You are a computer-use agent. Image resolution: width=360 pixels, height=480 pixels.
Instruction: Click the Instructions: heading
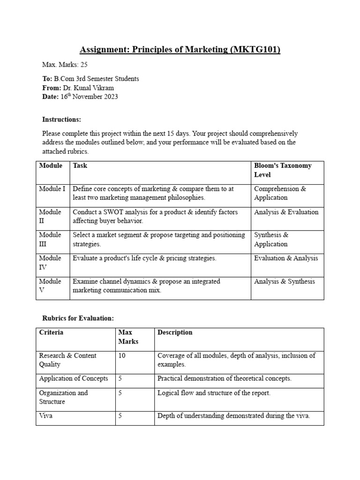pyautogui.click(x=61, y=120)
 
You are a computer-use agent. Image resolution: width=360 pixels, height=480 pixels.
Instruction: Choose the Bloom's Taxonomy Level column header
pyautogui.click(x=282, y=170)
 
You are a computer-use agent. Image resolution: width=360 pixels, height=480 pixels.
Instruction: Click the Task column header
pyautogui.click(x=80, y=165)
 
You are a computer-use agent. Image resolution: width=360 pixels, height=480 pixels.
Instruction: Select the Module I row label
pyautogui.click(x=52, y=189)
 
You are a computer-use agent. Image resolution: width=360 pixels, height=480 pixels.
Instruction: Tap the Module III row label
pyautogui.click(x=50, y=240)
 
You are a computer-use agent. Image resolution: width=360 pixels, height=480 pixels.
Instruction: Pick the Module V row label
pyautogui.click(x=50, y=286)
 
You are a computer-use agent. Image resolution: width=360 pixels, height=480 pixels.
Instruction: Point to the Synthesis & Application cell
pyautogui.click(x=271, y=240)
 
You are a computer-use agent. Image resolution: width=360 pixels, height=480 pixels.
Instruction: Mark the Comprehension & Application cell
pyautogui.click(x=280, y=193)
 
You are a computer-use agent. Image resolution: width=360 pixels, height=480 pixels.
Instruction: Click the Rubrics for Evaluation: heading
pyautogui.click(x=78, y=318)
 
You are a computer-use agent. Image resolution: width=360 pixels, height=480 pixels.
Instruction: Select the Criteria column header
pyautogui.click(x=51, y=332)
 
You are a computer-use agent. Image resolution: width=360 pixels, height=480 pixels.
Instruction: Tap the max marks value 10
pyautogui.click(x=122, y=355)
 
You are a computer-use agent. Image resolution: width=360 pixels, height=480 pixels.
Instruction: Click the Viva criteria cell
pyautogui.click(x=45, y=416)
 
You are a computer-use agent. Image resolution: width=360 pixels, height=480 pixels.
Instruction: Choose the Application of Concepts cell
pyautogui.click(x=73, y=378)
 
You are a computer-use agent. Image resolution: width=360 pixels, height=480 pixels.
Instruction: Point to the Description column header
pyautogui.click(x=175, y=332)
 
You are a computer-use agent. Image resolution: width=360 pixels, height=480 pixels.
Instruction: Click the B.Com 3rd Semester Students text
pyautogui.click(x=97, y=79)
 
